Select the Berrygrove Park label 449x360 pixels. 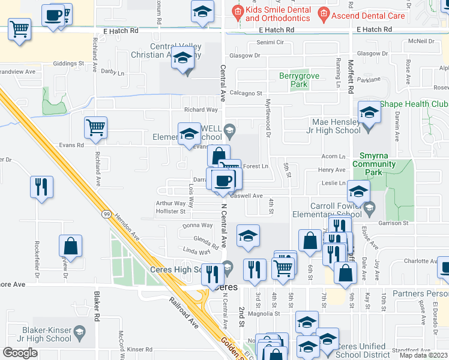tap(299, 80)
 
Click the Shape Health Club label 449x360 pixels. tap(414, 103)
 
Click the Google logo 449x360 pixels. tap(20, 352)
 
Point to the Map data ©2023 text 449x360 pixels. tap(423, 355)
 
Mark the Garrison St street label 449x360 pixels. tap(393, 223)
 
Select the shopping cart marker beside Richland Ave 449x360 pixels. tap(95, 127)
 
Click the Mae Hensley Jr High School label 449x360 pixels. tap(332, 125)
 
